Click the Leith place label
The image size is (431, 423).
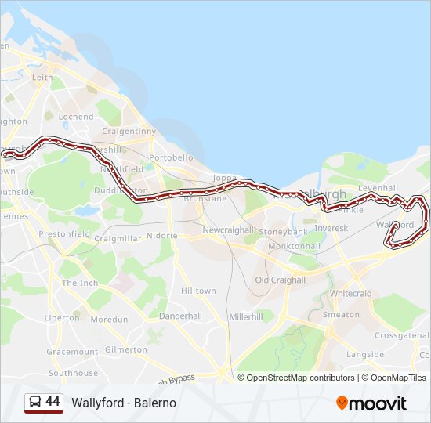tap(42, 78)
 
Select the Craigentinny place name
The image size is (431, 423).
tap(129, 131)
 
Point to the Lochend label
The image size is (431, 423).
tap(76, 117)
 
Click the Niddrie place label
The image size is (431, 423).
tap(161, 235)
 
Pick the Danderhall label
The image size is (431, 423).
tap(180, 316)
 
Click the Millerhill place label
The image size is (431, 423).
tap(246, 316)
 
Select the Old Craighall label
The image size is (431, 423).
tap(280, 280)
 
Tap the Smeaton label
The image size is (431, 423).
tap(341, 314)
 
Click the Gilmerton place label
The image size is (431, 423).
tap(125, 349)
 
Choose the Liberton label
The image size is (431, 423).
tap(62, 318)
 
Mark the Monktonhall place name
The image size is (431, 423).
tap(294, 246)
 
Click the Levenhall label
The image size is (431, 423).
tap(378, 188)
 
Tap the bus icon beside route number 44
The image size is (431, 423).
tap(35, 402)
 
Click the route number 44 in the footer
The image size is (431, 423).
tap(53, 402)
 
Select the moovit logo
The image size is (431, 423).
tap(371, 403)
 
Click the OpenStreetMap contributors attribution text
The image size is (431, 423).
tap(300, 378)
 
